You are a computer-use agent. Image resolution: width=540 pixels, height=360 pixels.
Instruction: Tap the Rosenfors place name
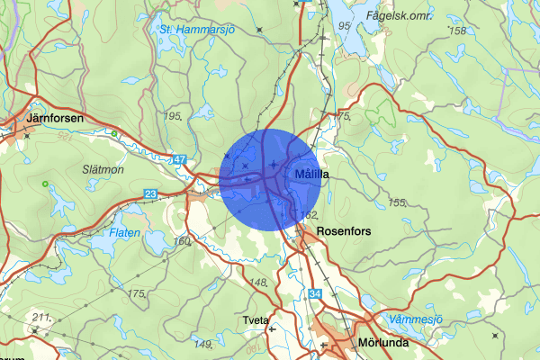click(x=346, y=231)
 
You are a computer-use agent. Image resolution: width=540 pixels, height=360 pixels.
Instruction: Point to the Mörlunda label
click(x=383, y=343)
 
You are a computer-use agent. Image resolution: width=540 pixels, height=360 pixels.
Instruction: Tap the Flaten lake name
click(x=124, y=231)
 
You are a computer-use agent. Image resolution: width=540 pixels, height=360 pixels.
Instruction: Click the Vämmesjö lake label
click(x=415, y=319)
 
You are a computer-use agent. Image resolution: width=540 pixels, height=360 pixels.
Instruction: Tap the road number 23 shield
click(x=150, y=193)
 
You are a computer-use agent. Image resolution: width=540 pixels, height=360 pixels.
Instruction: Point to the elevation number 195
click(x=174, y=116)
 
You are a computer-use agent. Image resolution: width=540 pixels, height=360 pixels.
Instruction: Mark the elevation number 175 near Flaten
click(x=137, y=293)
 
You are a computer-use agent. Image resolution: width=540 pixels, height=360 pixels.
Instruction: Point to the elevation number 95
click(x=345, y=25)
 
